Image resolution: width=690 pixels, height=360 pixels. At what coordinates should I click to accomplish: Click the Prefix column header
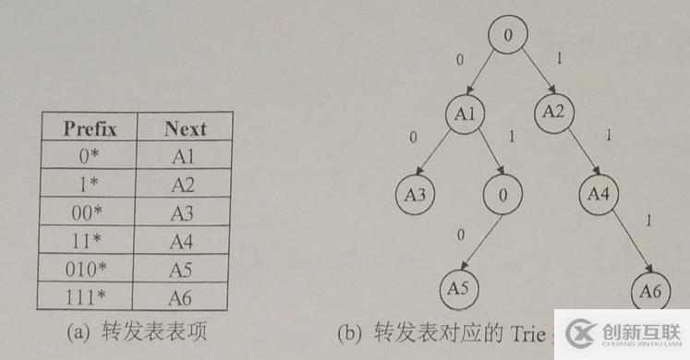click(x=88, y=128)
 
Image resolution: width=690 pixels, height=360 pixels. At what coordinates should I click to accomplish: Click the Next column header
click(x=185, y=128)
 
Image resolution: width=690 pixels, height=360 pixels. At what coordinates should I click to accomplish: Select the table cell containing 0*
click(x=88, y=156)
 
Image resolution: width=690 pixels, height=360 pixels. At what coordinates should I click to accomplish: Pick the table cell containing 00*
click(x=88, y=212)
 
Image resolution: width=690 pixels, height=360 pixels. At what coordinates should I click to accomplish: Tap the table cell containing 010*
click(x=88, y=269)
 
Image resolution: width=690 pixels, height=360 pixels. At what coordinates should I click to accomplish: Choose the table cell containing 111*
click(x=88, y=296)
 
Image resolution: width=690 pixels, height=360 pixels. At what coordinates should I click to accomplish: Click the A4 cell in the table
click(x=185, y=241)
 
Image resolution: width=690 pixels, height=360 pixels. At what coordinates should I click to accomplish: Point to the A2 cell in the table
click(x=185, y=185)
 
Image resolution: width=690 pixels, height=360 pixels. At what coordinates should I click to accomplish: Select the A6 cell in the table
click(x=185, y=296)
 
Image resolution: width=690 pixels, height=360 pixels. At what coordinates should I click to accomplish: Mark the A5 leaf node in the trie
click(x=459, y=287)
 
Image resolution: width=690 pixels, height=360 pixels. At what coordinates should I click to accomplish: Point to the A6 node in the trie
click(x=651, y=293)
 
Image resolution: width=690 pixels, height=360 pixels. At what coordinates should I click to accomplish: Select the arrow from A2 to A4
click(x=577, y=154)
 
